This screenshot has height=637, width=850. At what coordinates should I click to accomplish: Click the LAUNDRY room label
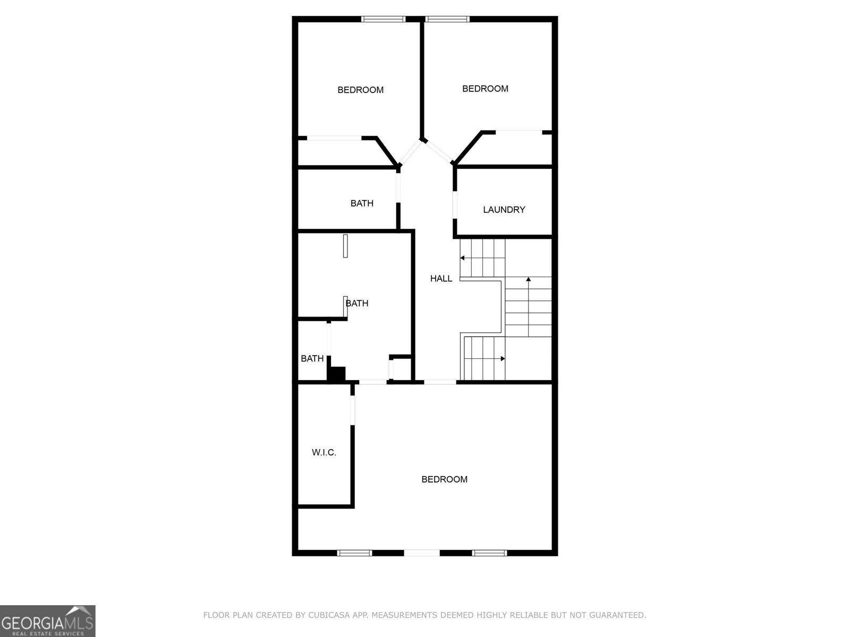[504, 210]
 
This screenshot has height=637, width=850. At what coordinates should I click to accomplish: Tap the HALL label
[441, 278]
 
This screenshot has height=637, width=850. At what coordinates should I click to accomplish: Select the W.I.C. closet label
[324, 453]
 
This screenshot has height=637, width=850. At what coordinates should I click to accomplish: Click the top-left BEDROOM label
[360, 90]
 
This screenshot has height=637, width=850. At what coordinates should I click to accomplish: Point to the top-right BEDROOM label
[485, 89]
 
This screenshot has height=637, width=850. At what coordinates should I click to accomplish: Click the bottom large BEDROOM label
[444, 479]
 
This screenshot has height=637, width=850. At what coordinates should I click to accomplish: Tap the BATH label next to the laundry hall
[362, 203]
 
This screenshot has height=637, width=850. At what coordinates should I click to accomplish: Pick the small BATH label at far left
[312, 359]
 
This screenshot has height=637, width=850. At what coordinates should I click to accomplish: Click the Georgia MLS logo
[48, 621]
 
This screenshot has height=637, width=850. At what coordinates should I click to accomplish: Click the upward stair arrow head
[528, 279]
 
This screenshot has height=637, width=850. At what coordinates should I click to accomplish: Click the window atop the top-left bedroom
[383, 19]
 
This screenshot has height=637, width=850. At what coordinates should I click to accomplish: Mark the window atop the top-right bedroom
[447, 19]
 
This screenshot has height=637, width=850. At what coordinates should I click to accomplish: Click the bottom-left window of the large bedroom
[354, 553]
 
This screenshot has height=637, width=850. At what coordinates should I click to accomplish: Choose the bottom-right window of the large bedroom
[489, 553]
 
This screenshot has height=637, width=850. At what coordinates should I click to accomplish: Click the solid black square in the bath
[337, 374]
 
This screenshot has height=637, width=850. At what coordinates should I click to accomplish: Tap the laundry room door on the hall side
[455, 204]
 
